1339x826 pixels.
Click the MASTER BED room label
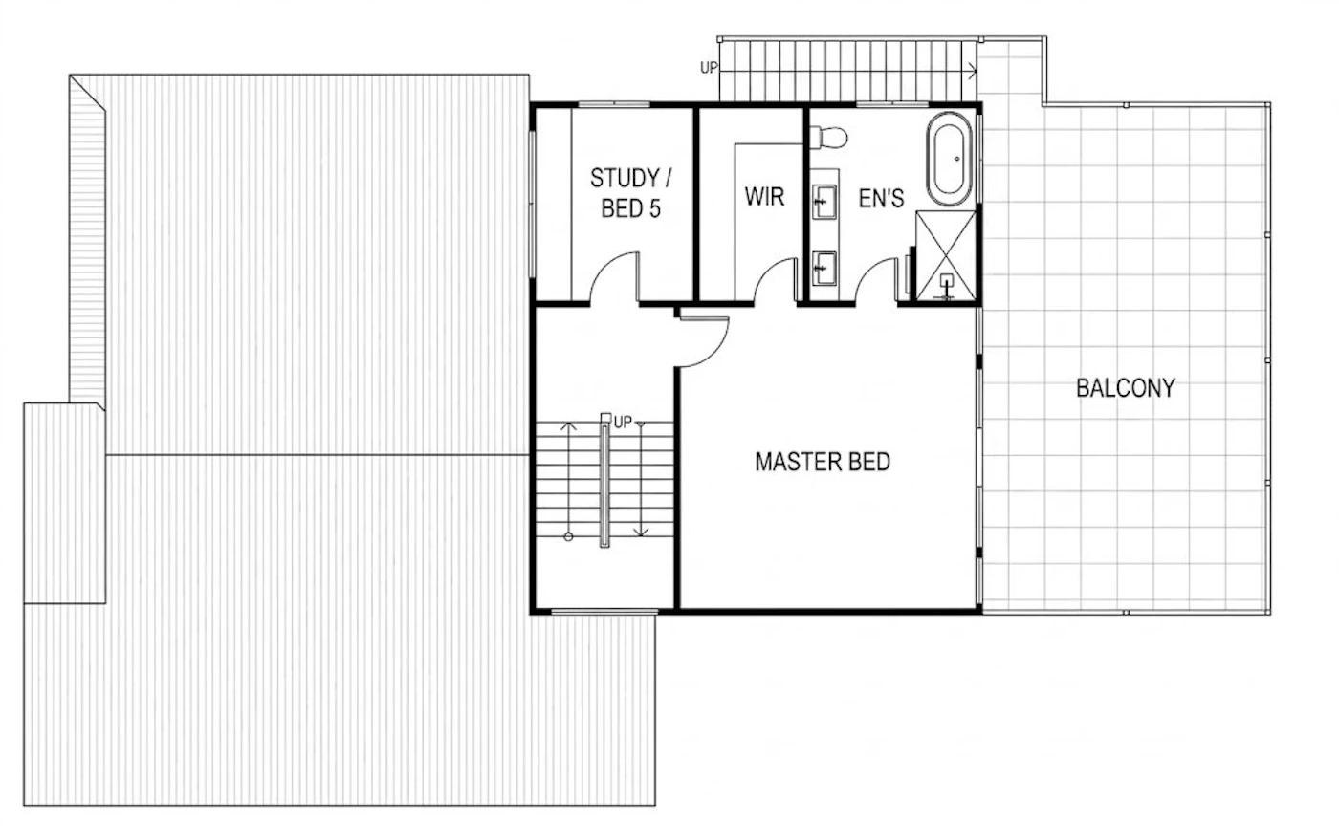click(x=823, y=462)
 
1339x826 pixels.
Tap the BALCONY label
click(x=1126, y=388)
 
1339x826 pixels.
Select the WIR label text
click(x=764, y=197)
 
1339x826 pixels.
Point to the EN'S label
click(x=881, y=198)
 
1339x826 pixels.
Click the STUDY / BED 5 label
click(x=630, y=193)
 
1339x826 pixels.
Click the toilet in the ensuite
click(x=828, y=138)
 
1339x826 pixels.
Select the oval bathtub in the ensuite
click(x=949, y=159)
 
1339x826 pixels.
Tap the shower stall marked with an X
click(x=946, y=255)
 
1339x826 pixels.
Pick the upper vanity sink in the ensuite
click(x=824, y=202)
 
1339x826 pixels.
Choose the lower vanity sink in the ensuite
click(x=824, y=269)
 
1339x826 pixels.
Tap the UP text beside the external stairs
click(x=709, y=68)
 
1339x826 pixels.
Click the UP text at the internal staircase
click(x=623, y=423)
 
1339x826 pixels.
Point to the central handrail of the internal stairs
click(x=604, y=483)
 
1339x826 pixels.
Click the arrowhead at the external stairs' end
click(x=973, y=72)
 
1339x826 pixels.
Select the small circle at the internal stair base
click(x=568, y=536)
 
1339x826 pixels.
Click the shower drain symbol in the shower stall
click(x=946, y=280)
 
